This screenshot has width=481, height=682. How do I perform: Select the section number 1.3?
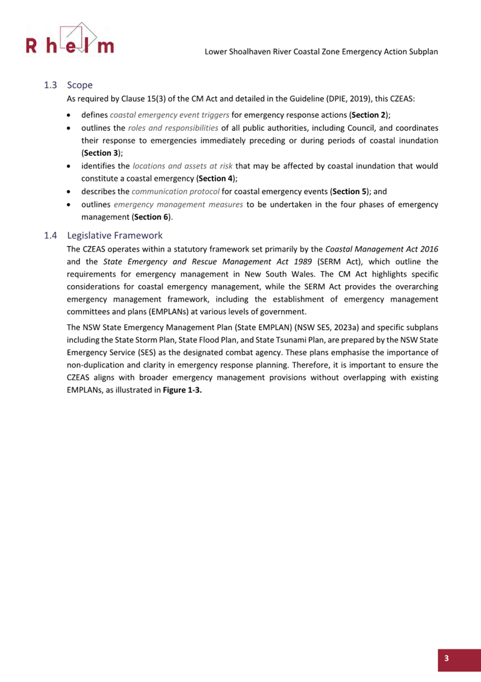[x=51, y=85]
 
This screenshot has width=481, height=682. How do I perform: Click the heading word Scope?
[x=80, y=85]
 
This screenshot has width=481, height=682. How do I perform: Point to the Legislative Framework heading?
[x=114, y=235]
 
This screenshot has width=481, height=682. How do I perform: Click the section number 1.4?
[x=51, y=235]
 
